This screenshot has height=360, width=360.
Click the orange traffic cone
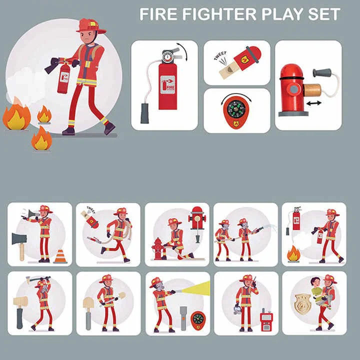pos(60,256)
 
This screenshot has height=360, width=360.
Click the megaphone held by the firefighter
pos(31,214)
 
